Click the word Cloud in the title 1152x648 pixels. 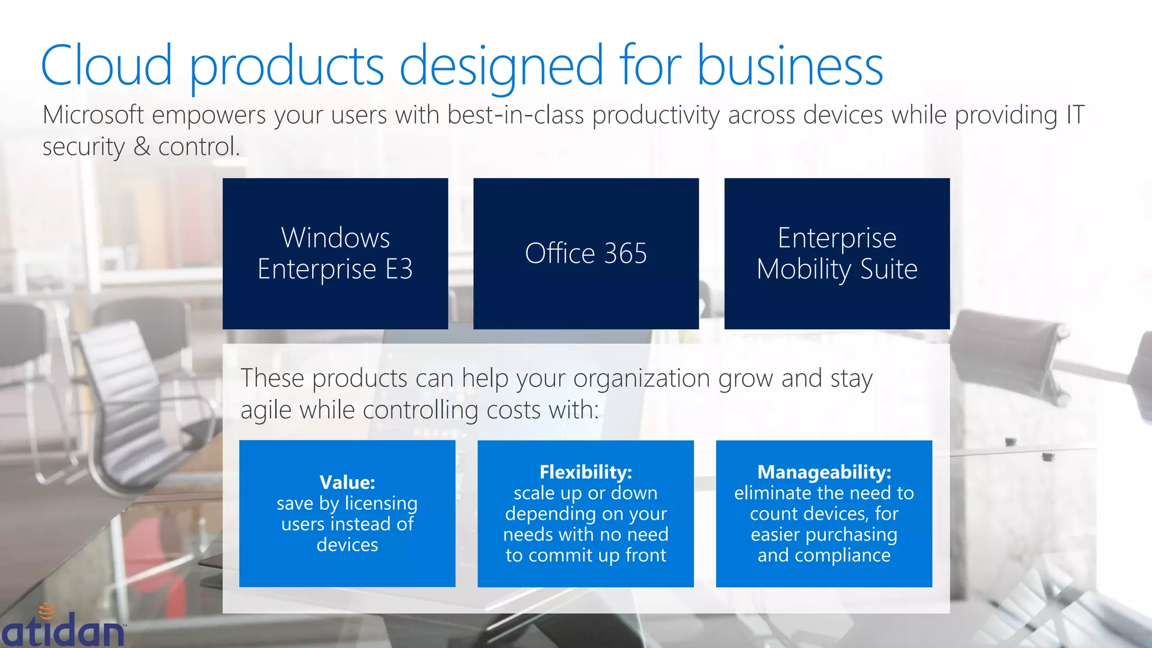coord(106,66)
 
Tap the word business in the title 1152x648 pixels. coord(790,66)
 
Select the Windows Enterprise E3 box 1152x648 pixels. coord(335,253)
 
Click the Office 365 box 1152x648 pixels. coord(586,253)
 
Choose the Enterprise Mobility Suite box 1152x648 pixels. coord(836,253)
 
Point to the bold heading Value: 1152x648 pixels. coord(347,482)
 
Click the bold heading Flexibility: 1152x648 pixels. coord(586,472)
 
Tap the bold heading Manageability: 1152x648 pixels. coord(824,472)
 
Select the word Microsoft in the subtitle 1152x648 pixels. coord(93,115)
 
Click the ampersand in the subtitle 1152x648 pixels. coord(142,147)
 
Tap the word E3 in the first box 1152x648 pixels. coord(399,269)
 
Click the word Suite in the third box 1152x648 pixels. coord(889,269)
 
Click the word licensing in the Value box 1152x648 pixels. coord(381,503)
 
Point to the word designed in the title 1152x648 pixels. coord(501,66)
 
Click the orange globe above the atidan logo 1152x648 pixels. coord(47,611)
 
